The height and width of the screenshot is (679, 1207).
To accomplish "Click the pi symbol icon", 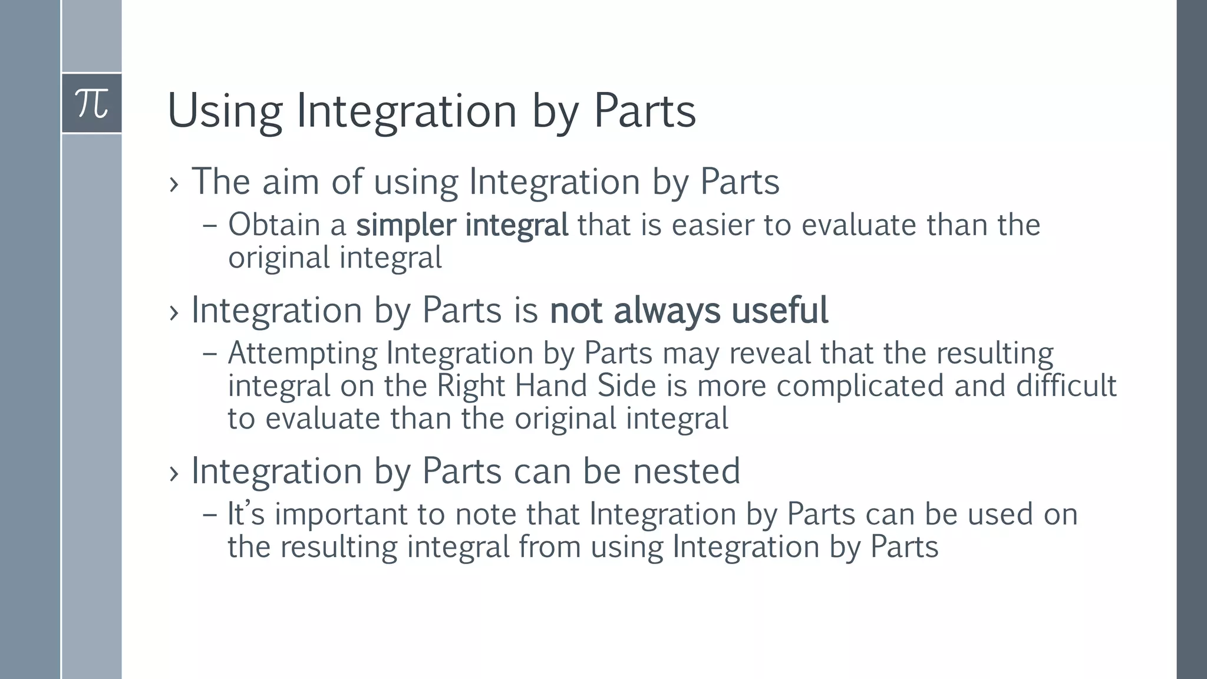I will (x=92, y=104).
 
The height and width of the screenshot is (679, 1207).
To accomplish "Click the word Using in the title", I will (x=225, y=111).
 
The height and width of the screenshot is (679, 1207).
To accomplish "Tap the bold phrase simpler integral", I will (x=462, y=225).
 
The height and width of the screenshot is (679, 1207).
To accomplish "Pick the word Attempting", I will (x=302, y=354).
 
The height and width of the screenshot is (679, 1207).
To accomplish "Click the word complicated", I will (x=860, y=387).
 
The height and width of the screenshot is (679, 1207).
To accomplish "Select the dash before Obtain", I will (x=209, y=226).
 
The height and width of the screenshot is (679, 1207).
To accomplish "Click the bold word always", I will (x=667, y=311).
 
